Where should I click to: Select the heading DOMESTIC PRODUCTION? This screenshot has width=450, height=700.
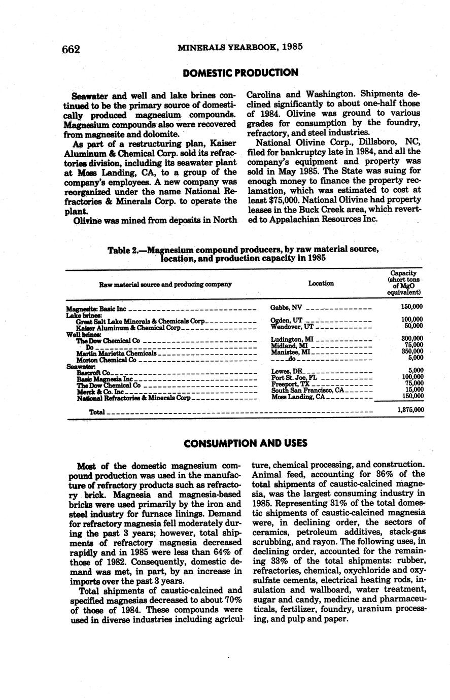pyautogui.click(x=240, y=73)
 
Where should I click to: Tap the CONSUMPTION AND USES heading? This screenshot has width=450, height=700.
pyautogui.click(x=246, y=443)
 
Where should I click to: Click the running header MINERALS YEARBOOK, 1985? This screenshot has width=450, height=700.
pyautogui.click(x=240, y=47)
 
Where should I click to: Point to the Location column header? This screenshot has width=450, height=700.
pyautogui.click(x=321, y=284)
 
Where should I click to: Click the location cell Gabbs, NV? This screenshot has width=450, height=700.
pyautogui.click(x=287, y=308)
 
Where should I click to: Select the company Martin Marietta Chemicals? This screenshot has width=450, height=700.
pyautogui.click(x=116, y=353)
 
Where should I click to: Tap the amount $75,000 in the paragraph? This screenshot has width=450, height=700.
pyautogui.click(x=277, y=200)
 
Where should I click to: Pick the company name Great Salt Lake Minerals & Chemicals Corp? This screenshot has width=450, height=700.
pyautogui.click(x=140, y=321)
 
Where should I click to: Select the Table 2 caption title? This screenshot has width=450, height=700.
pyautogui.click(x=243, y=254)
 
